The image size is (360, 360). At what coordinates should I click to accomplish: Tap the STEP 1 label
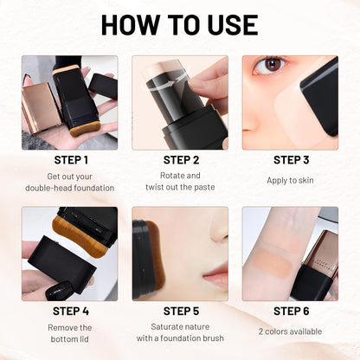pyautogui.click(x=70, y=159)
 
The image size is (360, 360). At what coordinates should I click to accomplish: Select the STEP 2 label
pyautogui.click(x=181, y=159)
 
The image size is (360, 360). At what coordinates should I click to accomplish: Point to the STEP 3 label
pyautogui.click(x=292, y=159)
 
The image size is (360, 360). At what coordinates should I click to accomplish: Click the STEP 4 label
pyautogui.click(x=70, y=311)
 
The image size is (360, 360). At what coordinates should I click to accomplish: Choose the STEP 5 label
pyautogui.click(x=181, y=311)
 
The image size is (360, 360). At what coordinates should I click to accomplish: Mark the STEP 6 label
pyautogui.click(x=292, y=311)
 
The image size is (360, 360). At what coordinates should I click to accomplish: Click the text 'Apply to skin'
pyautogui.click(x=292, y=181)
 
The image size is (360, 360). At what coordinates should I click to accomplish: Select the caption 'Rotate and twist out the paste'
pyautogui.click(x=181, y=181)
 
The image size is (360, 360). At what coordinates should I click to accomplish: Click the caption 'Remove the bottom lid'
pyautogui.click(x=70, y=334)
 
